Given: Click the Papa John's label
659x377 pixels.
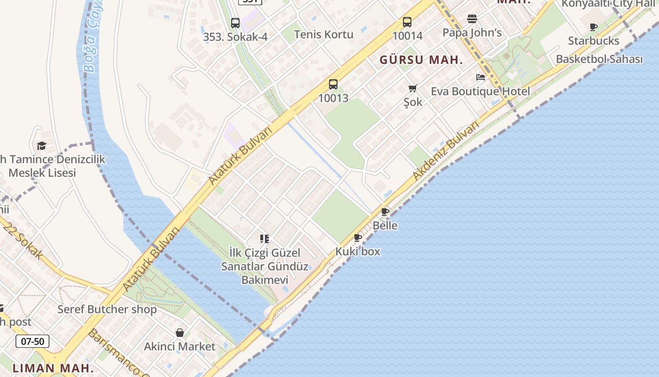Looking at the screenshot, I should click(x=472, y=33).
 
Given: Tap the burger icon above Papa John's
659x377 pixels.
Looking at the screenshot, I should click(x=472, y=19).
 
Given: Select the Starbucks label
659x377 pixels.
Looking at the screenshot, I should click(x=594, y=41).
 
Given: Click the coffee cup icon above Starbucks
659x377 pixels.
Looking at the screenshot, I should click(x=594, y=27).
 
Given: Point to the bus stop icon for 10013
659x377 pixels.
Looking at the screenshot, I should click(x=333, y=84).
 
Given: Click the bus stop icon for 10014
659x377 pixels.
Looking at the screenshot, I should click(x=407, y=22).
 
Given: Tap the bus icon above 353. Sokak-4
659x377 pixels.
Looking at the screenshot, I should click(x=235, y=23).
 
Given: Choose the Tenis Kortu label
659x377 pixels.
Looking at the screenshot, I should click(x=323, y=34).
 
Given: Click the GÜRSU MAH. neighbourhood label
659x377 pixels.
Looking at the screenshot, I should click(x=421, y=60).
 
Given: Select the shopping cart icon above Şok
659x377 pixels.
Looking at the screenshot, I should click(x=413, y=88).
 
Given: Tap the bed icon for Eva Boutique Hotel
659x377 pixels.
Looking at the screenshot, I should click(x=480, y=77).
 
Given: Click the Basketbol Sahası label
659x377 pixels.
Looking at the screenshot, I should click(x=599, y=59).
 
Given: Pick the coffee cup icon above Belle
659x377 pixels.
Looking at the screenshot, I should click(x=385, y=212).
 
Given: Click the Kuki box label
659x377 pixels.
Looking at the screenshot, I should click(x=358, y=252).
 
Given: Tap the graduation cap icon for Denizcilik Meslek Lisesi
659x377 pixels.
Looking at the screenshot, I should click(x=42, y=146).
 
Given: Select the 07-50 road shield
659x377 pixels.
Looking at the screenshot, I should click(x=32, y=341).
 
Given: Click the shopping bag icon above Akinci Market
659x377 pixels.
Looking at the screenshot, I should click(x=179, y=333).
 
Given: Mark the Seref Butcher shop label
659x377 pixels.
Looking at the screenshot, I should click(x=107, y=310).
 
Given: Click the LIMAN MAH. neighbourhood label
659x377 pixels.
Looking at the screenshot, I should click(x=53, y=368).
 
